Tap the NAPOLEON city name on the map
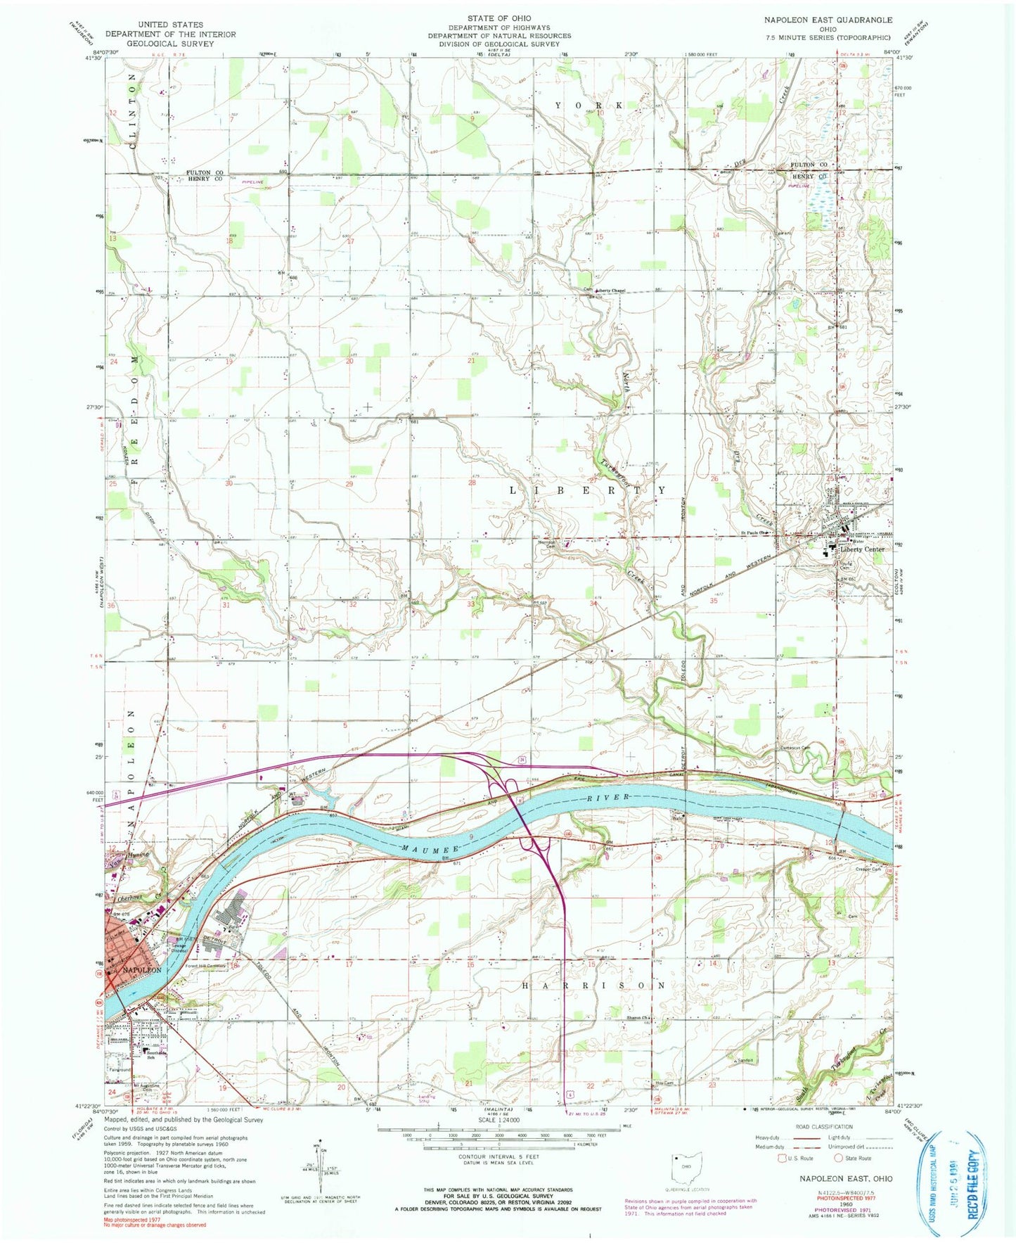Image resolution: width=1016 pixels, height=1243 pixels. [x=142, y=970]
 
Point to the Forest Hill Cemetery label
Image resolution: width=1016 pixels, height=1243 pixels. [x=205, y=967]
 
